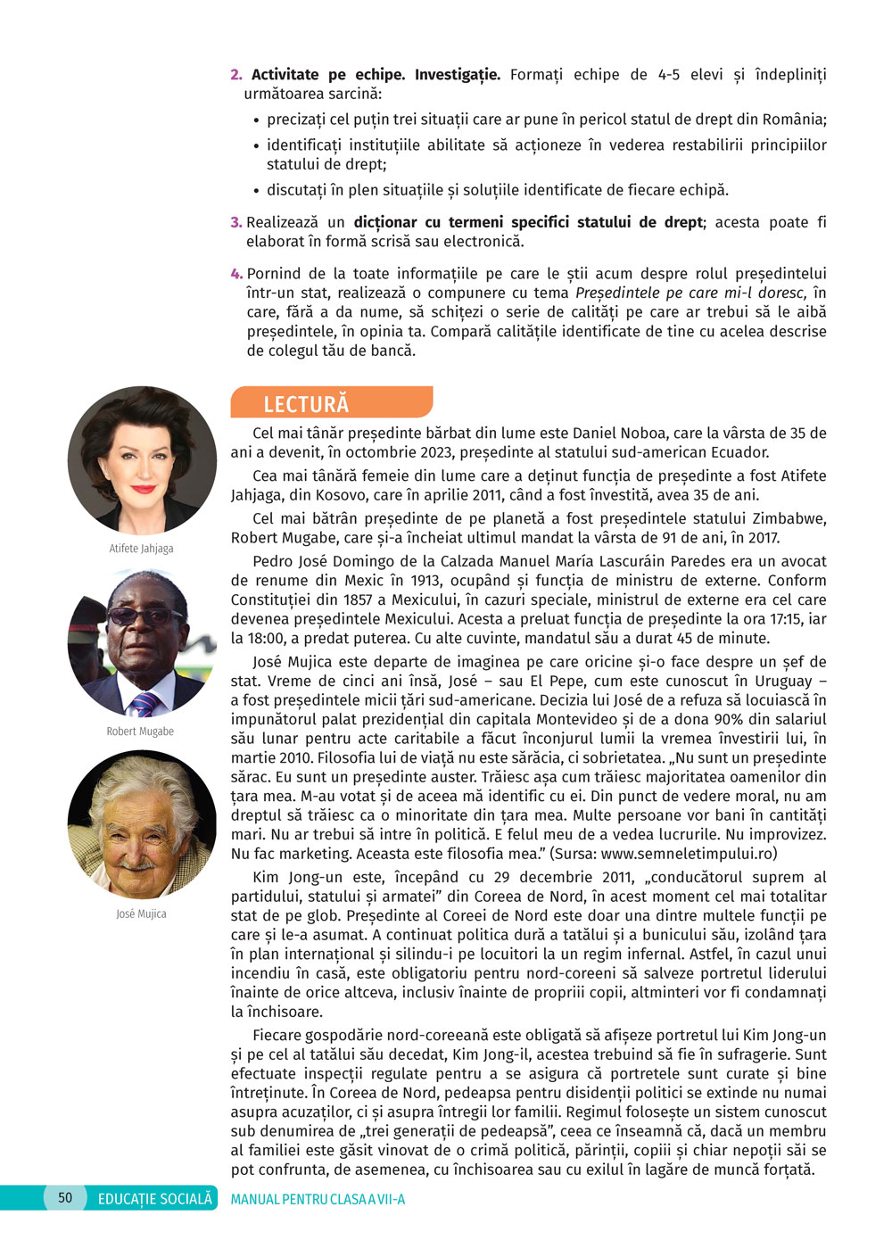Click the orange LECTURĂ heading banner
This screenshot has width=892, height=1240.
331,402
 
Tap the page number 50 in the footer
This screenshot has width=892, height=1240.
65,1197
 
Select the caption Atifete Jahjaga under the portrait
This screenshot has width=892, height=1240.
141,548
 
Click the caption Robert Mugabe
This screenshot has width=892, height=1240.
140,731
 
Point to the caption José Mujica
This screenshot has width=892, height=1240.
141,913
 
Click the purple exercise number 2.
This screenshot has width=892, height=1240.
236,75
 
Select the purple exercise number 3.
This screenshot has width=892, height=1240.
236,222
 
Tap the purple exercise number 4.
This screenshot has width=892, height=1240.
236,274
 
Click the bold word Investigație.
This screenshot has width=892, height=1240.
457,75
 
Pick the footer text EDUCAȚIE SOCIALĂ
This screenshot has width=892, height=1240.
155,1198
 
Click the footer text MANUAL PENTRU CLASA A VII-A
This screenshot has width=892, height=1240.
318,1199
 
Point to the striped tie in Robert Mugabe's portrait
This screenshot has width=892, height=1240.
145,704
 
